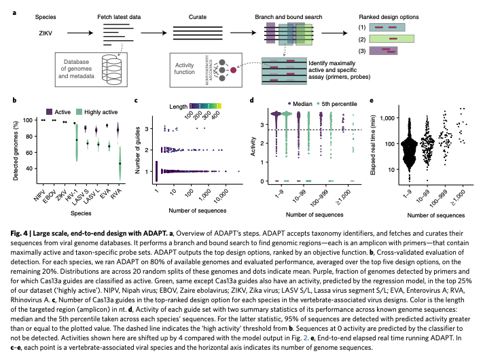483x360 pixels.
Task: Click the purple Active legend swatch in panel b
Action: pos(50,110)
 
